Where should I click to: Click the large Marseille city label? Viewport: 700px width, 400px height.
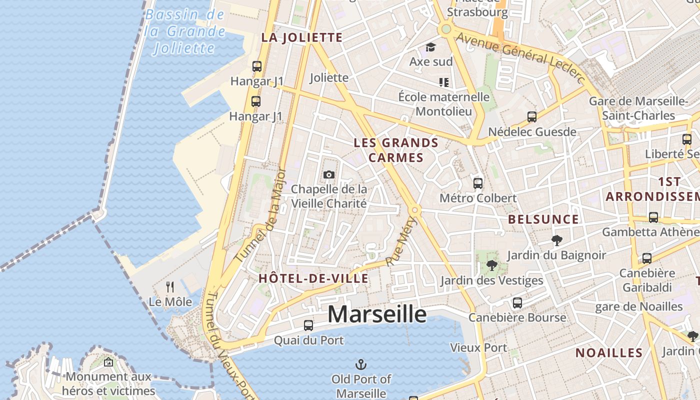point(377,314)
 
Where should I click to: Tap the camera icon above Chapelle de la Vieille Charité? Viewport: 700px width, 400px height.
point(328,174)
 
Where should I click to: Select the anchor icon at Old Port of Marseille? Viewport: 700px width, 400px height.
point(360,364)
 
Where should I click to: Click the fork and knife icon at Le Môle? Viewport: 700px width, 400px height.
point(170,287)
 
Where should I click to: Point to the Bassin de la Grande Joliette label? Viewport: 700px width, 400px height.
point(184,31)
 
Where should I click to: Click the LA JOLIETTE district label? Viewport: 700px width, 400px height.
point(302,37)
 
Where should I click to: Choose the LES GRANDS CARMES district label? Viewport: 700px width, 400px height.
point(396,150)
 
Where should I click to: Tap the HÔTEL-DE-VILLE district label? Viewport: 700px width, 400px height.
point(313,278)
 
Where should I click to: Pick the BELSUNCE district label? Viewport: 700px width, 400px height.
point(543,219)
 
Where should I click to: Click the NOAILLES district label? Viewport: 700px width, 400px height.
point(609,352)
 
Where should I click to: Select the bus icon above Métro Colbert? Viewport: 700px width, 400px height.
point(478,183)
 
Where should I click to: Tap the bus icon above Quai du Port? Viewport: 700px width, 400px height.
point(308,325)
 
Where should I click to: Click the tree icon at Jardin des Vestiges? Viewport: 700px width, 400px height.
point(492,265)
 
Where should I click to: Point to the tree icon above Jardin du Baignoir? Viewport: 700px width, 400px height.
point(556,240)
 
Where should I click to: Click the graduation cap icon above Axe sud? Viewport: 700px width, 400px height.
point(430,47)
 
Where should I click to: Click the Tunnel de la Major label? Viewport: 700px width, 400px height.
point(261,215)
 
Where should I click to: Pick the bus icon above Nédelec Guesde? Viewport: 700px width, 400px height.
point(532,117)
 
